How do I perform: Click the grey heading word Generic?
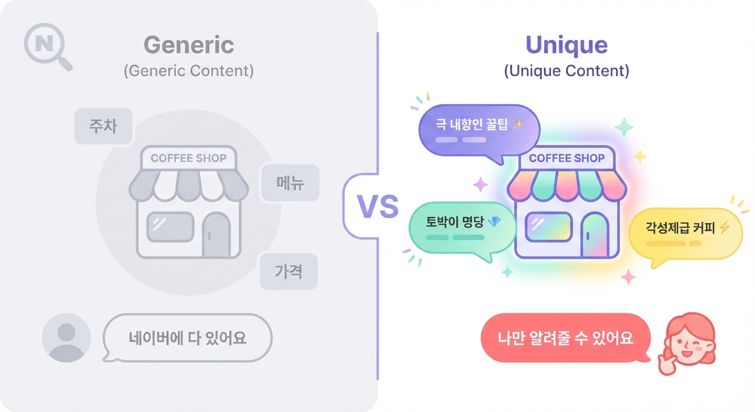189,45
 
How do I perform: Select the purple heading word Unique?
566,45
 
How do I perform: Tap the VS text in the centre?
377,207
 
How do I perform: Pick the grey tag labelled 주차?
103,126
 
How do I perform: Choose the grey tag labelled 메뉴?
290,183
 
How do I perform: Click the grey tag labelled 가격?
288,271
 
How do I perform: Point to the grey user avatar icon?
66,337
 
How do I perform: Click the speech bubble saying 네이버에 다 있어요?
187,338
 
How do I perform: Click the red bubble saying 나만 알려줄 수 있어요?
565,338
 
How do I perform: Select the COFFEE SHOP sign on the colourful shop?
566,158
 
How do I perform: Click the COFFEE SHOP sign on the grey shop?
189,158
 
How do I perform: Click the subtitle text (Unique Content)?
566,71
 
